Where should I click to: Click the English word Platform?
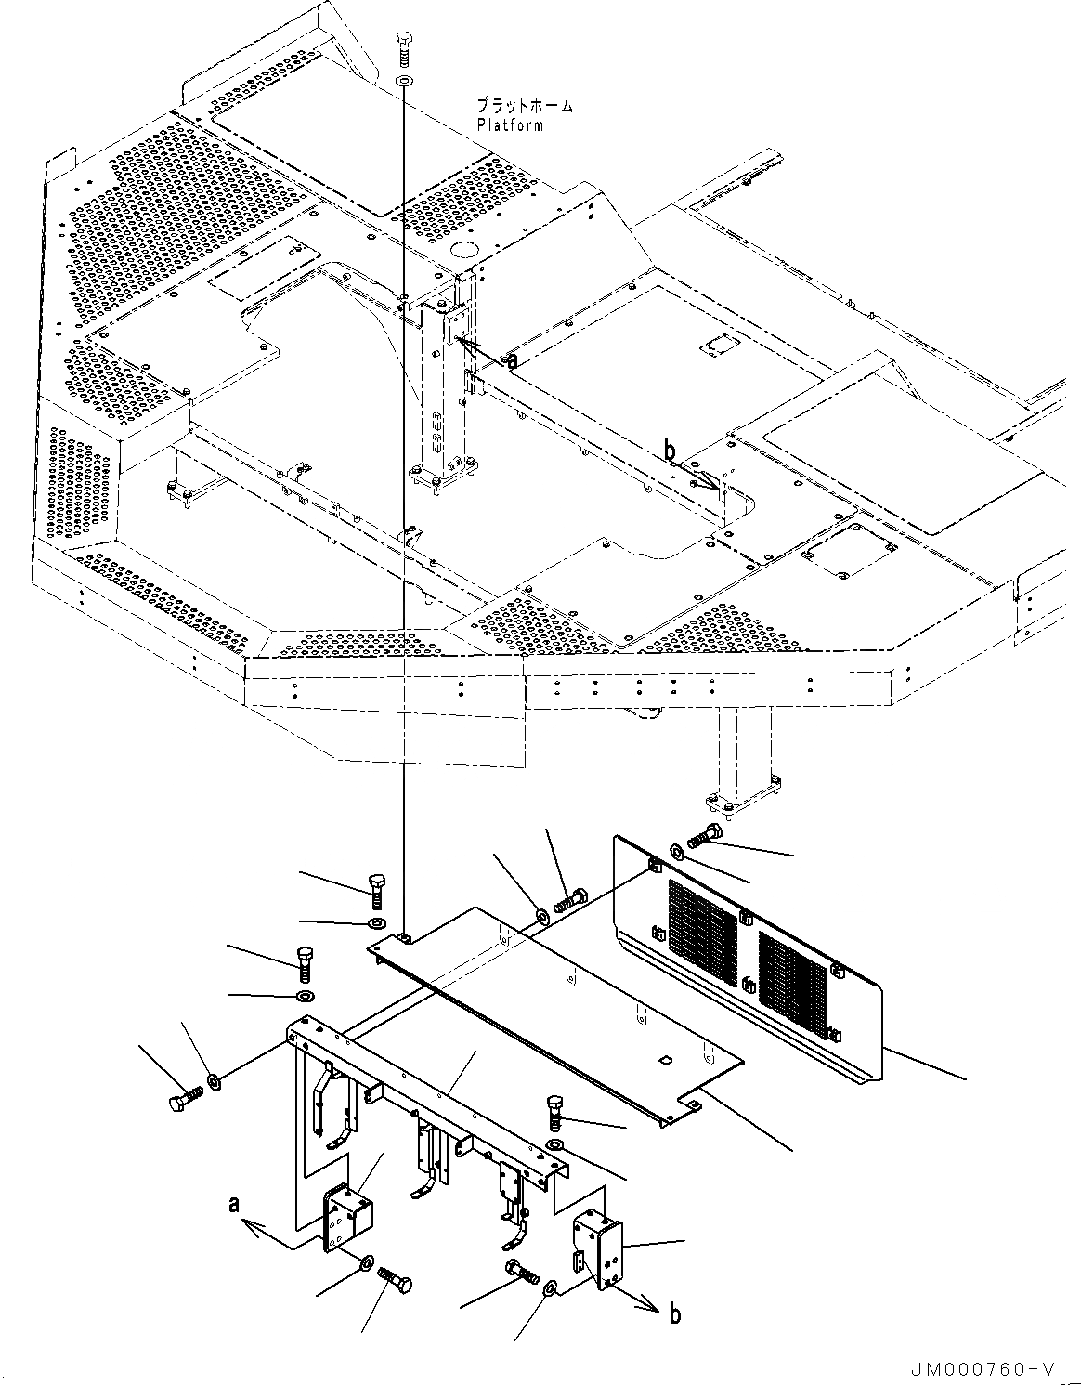tap(510, 125)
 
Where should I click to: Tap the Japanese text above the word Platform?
tap(524, 106)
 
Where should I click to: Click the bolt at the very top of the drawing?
tap(404, 49)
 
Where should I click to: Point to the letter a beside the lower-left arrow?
tap(236, 1205)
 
